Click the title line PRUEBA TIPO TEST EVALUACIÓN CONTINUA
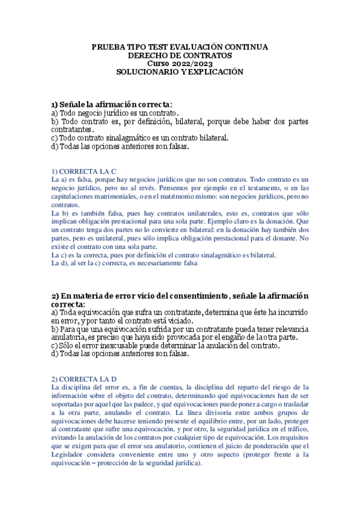(x=180, y=47)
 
